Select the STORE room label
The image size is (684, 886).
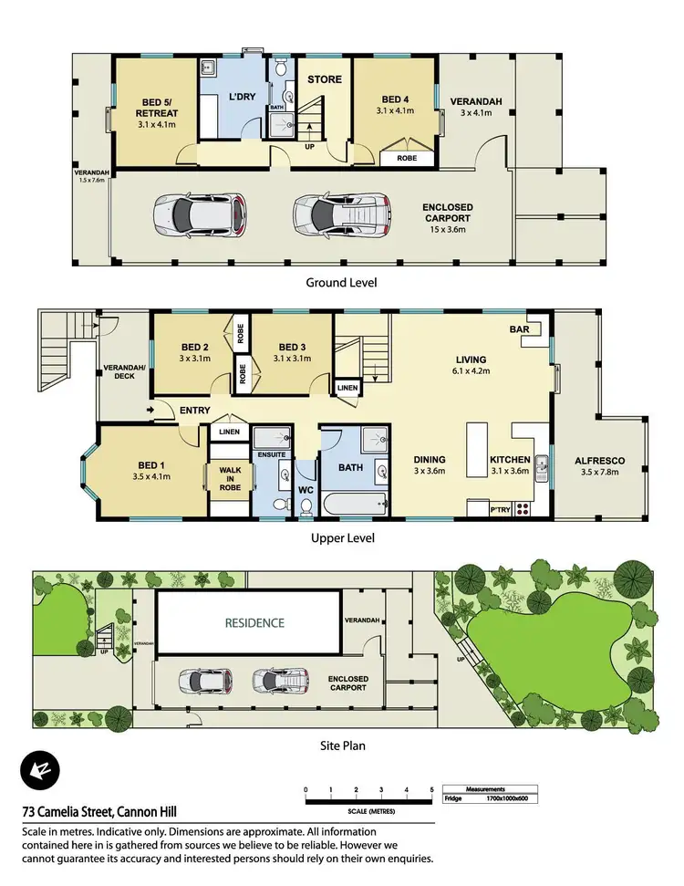tap(324, 79)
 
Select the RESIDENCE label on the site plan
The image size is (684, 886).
tap(255, 623)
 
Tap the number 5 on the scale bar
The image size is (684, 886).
tap(432, 790)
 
